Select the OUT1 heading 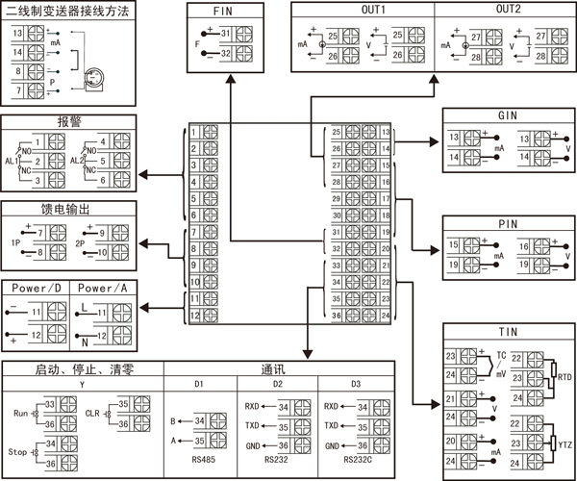[x=346, y=10]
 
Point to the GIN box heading [x=508, y=115]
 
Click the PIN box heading [x=508, y=223]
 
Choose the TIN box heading [x=508, y=331]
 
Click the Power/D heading [x=38, y=288]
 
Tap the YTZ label [x=564, y=444]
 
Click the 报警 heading [x=68, y=122]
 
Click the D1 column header [x=198, y=384]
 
